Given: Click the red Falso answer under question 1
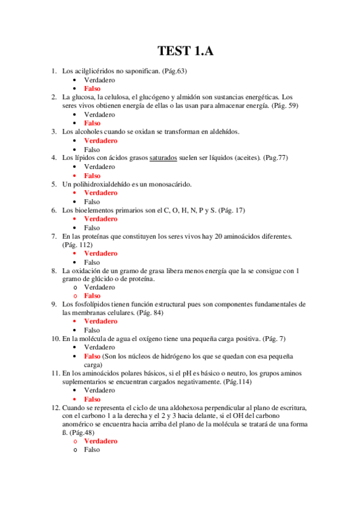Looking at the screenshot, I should [x=92, y=88].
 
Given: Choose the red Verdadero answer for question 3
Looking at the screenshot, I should [x=100, y=140].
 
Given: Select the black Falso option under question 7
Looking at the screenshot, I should [x=92, y=262].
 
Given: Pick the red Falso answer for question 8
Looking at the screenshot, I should [x=92, y=296].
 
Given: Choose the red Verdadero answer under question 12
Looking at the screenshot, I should [x=100, y=441].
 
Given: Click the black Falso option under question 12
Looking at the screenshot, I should [x=92, y=449].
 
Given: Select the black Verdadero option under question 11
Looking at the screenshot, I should [x=100, y=390].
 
